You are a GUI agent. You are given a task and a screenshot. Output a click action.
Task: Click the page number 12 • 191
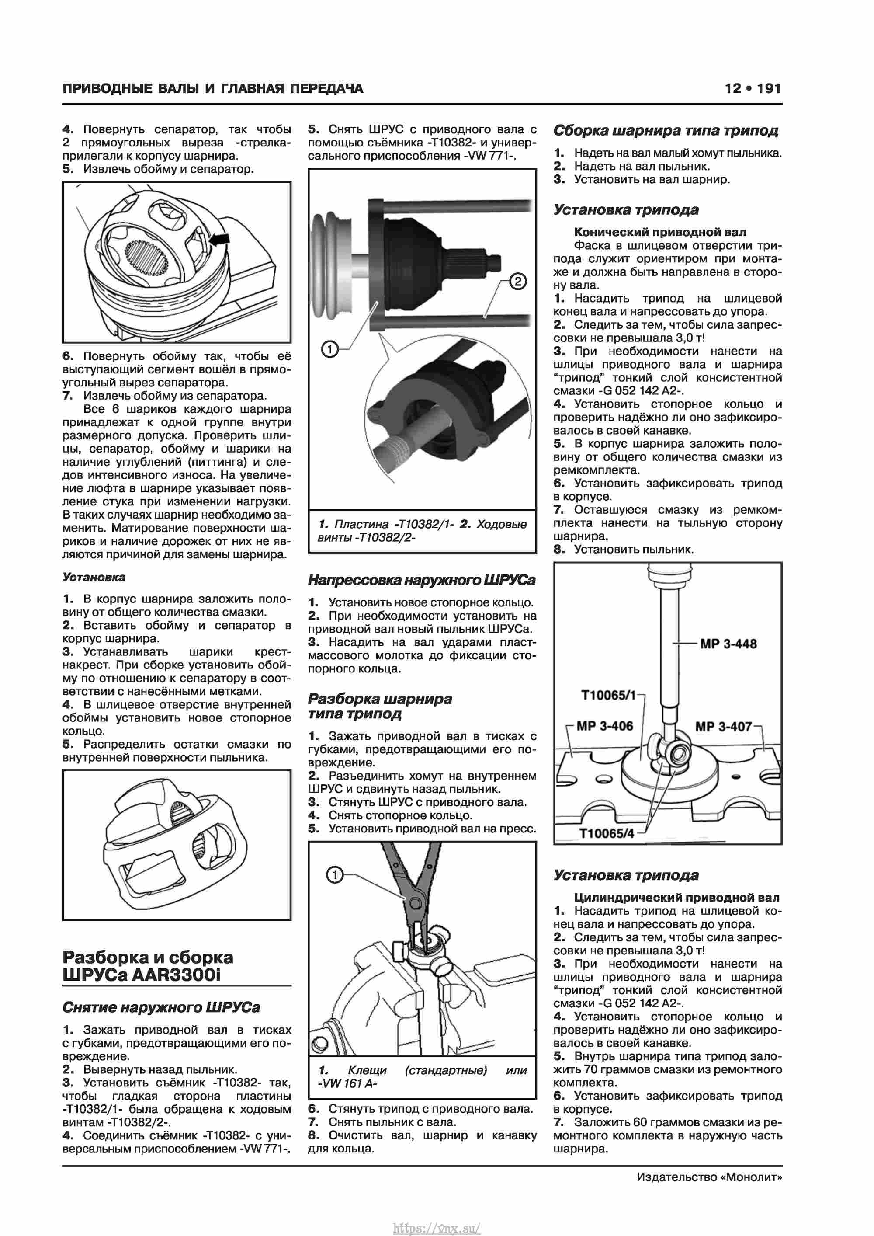(753, 88)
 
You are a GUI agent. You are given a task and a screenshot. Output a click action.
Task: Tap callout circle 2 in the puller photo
(517, 281)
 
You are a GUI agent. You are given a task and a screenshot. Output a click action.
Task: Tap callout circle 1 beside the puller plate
(329, 350)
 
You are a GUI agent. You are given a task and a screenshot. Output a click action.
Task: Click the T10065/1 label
(608, 695)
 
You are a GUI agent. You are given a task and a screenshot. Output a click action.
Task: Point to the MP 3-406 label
(604, 726)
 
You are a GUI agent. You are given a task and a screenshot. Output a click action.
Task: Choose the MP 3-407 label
(723, 726)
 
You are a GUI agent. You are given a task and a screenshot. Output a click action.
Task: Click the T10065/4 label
(607, 833)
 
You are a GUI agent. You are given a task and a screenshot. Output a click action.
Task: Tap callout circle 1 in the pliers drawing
(335, 875)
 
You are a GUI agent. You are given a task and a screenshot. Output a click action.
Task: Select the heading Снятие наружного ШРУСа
(161, 1007)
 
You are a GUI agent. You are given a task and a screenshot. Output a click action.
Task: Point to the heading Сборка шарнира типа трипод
(666, 130)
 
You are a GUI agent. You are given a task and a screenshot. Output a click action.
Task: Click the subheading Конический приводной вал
(660, 232)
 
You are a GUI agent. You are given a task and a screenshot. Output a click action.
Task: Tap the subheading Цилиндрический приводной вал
(676, 898)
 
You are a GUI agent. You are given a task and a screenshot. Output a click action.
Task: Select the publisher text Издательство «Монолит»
(709, 1177)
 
